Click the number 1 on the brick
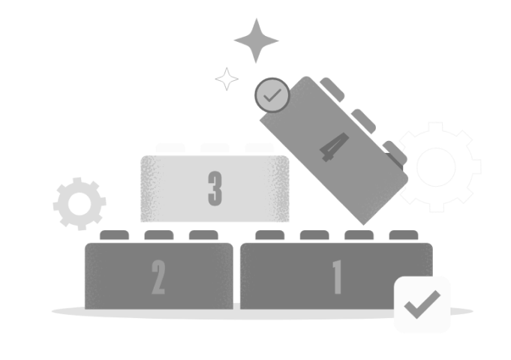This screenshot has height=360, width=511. [338, 277]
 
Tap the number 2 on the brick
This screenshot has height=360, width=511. [159, 277]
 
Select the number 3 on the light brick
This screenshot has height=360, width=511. [215, 189]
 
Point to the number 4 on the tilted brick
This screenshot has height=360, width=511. [335, 147]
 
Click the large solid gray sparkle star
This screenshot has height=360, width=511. [256, 40]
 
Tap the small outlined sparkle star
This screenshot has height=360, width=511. [227, 79]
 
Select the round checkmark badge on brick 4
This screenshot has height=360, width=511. [272, 95]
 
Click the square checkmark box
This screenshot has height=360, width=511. [422, 304]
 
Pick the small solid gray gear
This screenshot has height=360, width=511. [80, 204]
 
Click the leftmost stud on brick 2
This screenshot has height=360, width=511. [114, 235]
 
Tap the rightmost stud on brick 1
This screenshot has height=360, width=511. [404, 235]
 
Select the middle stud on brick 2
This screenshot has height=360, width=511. [159, 235]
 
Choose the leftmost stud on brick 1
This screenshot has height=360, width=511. [270, 235]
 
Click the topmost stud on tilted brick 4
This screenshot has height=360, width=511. [332, 89]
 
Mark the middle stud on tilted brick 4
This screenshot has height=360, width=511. [363, 121]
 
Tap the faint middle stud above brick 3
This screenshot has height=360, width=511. [215, 148]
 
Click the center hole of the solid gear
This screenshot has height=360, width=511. [80, 204]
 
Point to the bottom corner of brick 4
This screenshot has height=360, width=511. [364, 225]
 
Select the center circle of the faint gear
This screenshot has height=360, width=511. [436, 166]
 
